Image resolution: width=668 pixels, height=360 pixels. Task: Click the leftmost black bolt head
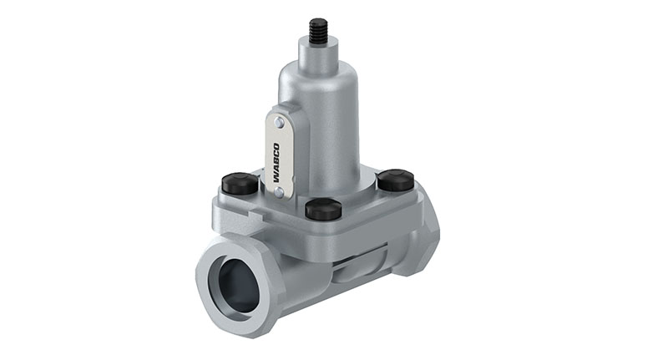point(240,182)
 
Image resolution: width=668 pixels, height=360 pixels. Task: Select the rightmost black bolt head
point(395,179)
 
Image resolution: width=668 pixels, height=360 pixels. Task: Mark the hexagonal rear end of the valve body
point(422,242)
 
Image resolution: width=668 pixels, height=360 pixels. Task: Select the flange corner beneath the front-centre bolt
point(324,230)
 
